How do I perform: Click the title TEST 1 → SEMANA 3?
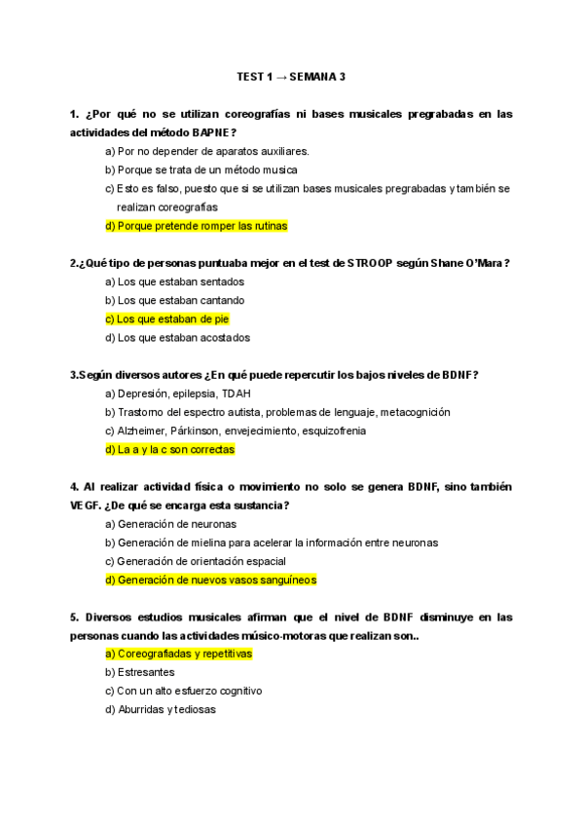[x=291, y=76]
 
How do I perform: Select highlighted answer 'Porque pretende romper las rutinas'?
[x=196, y=226]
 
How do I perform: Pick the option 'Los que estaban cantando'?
[x=174, y=300]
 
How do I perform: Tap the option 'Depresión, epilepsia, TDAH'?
[x=177, y=394]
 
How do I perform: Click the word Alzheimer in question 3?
[x=142, y=432]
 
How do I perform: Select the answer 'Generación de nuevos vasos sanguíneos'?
[x=210, y=580]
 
